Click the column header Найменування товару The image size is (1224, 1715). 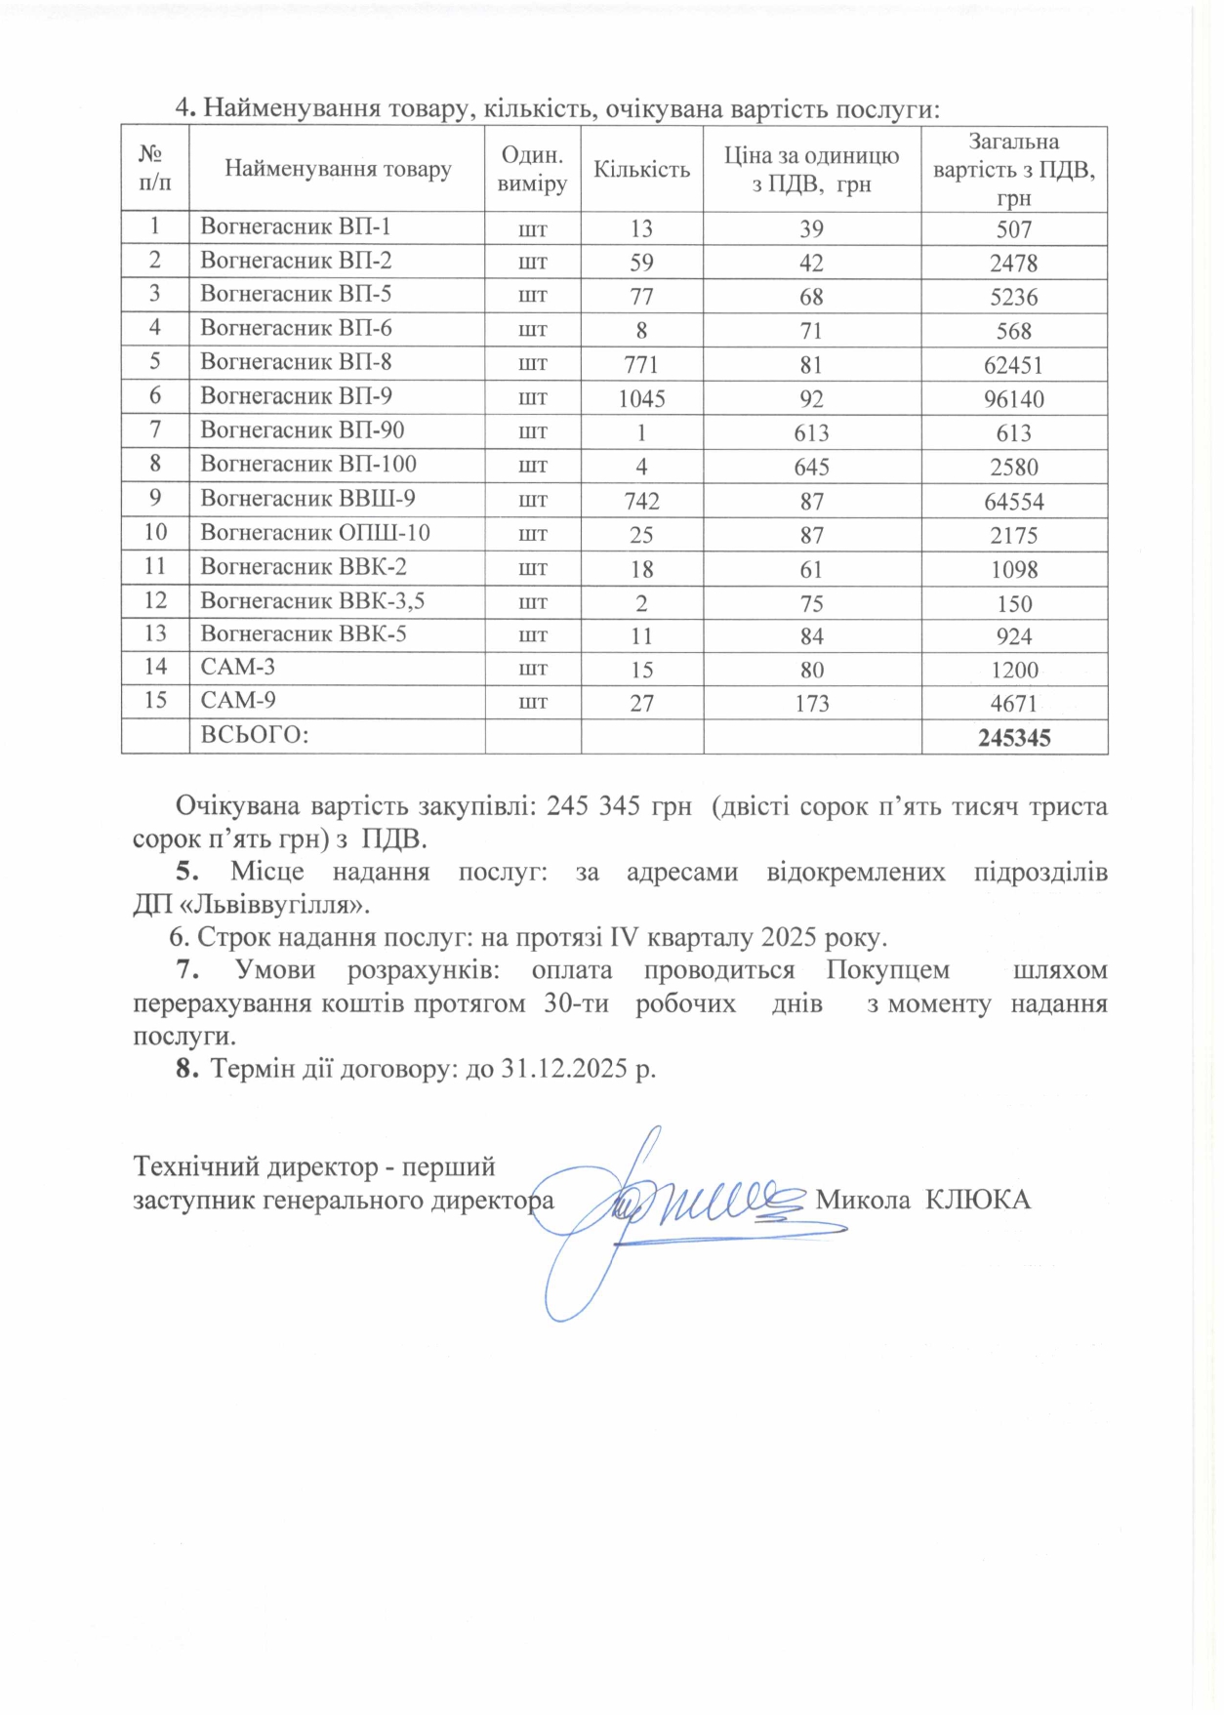coord(338,169)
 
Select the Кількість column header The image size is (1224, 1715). coord(641,169)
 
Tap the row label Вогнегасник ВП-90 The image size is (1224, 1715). coord(302,430)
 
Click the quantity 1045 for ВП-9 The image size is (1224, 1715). coord(641,398)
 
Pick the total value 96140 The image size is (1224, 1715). coord(1014,398)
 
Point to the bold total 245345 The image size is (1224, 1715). coord(1014,738)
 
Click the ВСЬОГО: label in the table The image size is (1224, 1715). coord(255,735)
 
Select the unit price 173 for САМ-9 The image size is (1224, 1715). coord(811,703)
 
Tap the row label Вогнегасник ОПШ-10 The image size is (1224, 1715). coord(314,533)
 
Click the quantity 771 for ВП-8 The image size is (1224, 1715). coord(641,364)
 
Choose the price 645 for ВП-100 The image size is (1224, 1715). coord(811,467)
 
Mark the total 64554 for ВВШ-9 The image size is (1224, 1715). coord(1014,501)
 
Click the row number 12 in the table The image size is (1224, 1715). coord(155,600)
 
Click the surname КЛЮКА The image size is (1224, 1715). coord(977,1200)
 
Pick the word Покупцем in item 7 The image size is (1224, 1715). coord(887,970)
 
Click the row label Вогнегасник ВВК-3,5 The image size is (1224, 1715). coord(311,600)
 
